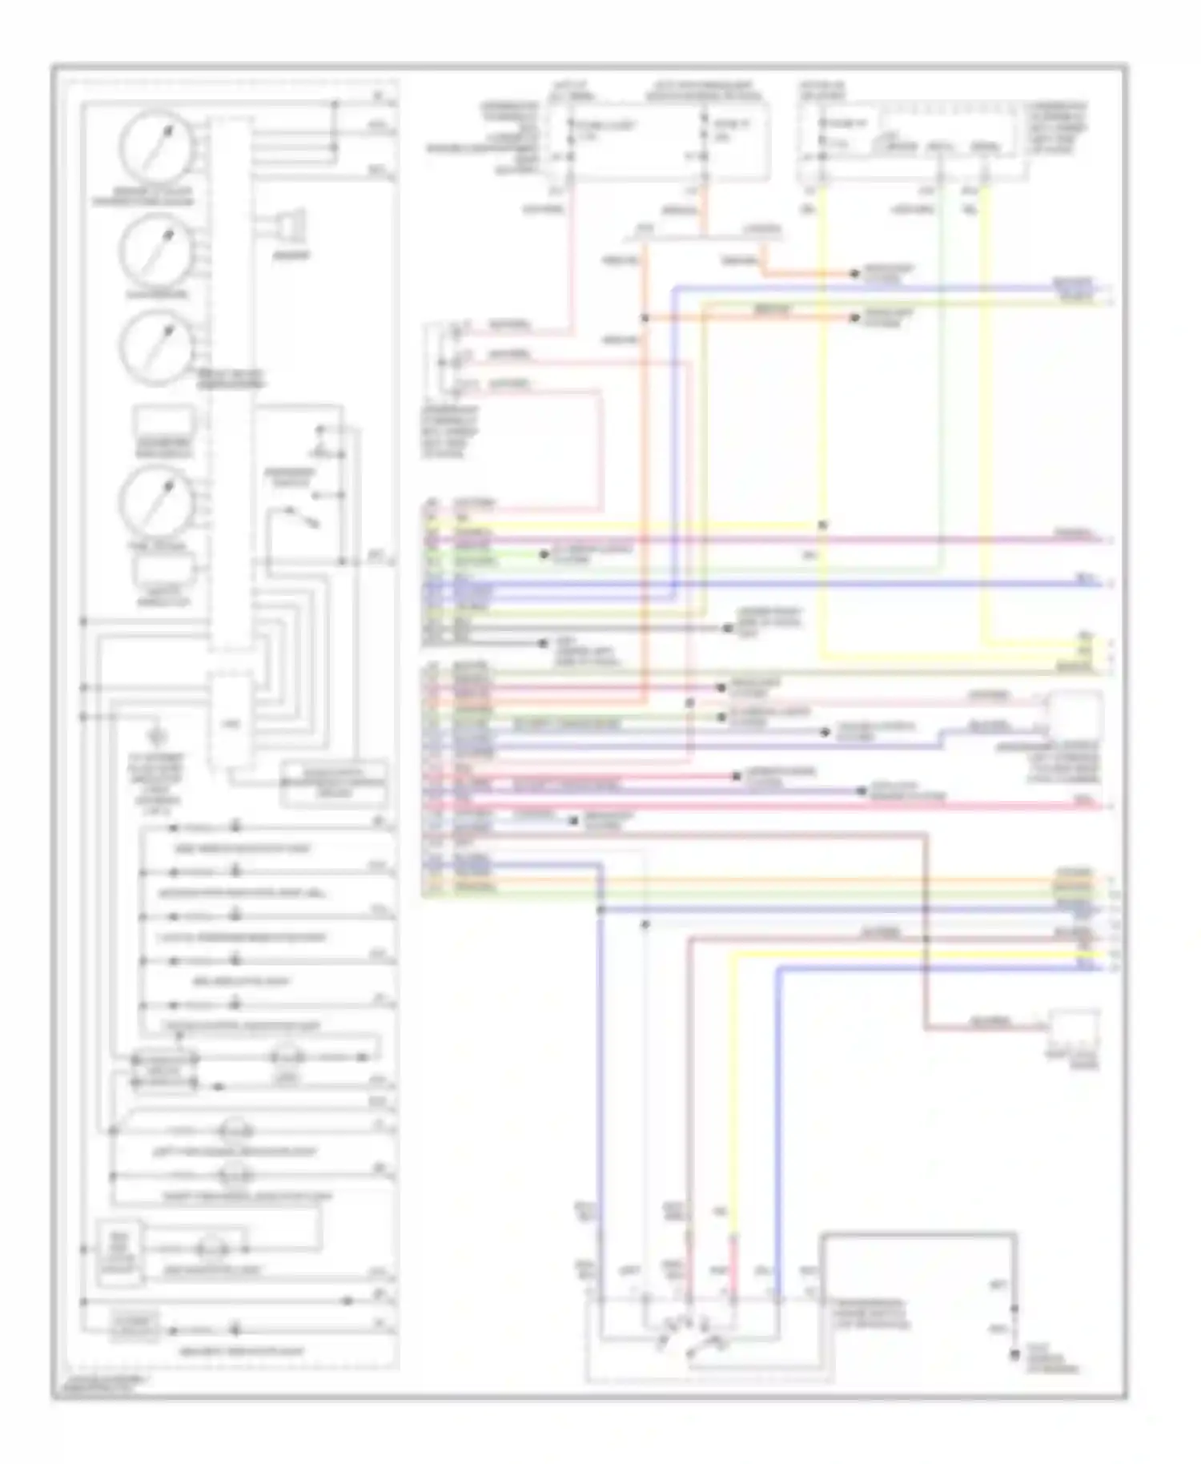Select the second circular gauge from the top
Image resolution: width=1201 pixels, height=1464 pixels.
156,250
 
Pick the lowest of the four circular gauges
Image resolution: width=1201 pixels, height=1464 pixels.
156,502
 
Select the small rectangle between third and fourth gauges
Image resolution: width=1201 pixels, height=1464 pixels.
163,422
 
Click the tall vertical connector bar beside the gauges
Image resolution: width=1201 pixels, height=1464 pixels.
231,384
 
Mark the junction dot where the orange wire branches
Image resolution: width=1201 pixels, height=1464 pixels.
645,318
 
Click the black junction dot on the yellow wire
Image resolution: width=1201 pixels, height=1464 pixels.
822,525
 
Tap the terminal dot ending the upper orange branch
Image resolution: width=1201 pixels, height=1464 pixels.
855,273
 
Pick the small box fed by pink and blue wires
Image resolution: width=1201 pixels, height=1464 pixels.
1075,717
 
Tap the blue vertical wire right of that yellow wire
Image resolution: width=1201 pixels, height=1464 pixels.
778,1121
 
